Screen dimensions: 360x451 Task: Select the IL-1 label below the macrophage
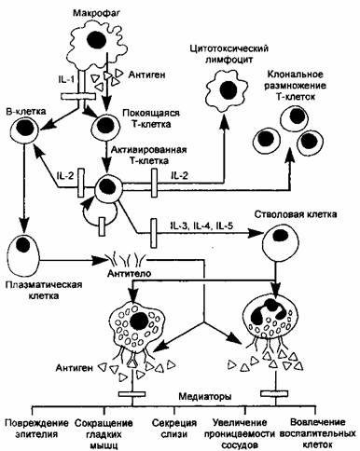tap(66, 79)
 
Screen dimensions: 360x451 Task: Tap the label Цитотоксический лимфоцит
tap(228, 54)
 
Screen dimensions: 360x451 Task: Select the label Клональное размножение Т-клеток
tap(296, 86)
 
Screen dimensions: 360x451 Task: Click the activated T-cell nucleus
tap(106, 185)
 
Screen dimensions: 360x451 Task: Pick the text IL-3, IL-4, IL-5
tap(201, 225)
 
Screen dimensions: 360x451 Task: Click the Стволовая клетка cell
tap(281, 243)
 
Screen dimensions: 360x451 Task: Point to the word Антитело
tap(129, 273)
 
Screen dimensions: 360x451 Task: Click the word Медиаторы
tap(205, 397)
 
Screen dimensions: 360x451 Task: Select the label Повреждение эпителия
tap(36, 428)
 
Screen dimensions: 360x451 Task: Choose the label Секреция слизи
tap(174, 428)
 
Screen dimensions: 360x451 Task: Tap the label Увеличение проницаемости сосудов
tap(240, 433)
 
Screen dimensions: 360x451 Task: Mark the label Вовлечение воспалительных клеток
tap(317, 433)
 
